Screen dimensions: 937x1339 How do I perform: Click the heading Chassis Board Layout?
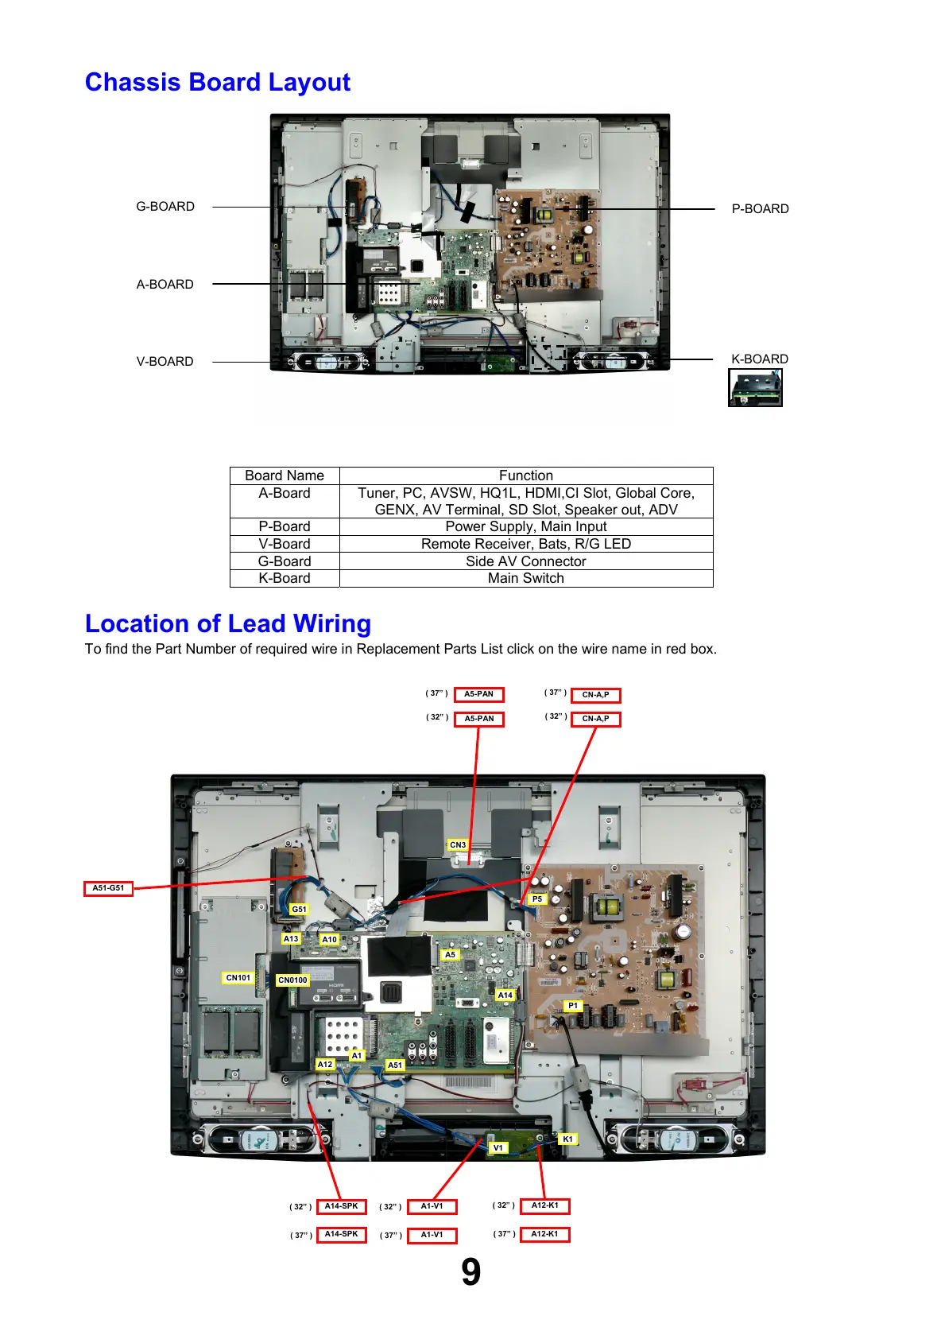point(217,83)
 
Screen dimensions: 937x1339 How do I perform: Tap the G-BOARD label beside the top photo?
point(165,207)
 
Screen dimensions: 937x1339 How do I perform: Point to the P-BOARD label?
point(760,209)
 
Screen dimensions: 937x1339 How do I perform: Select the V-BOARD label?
point(165,362)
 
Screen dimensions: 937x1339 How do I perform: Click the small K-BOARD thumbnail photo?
point(755,388)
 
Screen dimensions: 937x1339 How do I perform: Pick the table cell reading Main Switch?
point(525,579)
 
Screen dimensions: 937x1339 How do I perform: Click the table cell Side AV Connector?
point(525,561)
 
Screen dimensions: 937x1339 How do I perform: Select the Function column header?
point(525,475)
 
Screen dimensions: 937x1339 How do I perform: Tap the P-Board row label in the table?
point(285,526)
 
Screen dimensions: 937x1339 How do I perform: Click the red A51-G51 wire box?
point(108,888)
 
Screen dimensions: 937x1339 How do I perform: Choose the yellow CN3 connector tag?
point(458,845)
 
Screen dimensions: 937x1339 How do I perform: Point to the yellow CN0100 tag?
point(292,980)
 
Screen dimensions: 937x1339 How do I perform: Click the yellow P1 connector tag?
point(573,1006)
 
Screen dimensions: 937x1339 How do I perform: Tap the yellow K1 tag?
point(567,1139)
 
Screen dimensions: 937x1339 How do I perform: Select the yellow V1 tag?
point(498,1148)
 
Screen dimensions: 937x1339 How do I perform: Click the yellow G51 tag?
point(299,910)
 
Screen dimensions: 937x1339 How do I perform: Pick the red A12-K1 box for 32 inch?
point(544,1205)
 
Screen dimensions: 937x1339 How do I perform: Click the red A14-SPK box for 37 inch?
point(341,1235)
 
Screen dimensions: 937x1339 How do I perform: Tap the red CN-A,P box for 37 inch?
point(595,695)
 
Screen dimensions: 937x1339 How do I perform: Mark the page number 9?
point(470,1272)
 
